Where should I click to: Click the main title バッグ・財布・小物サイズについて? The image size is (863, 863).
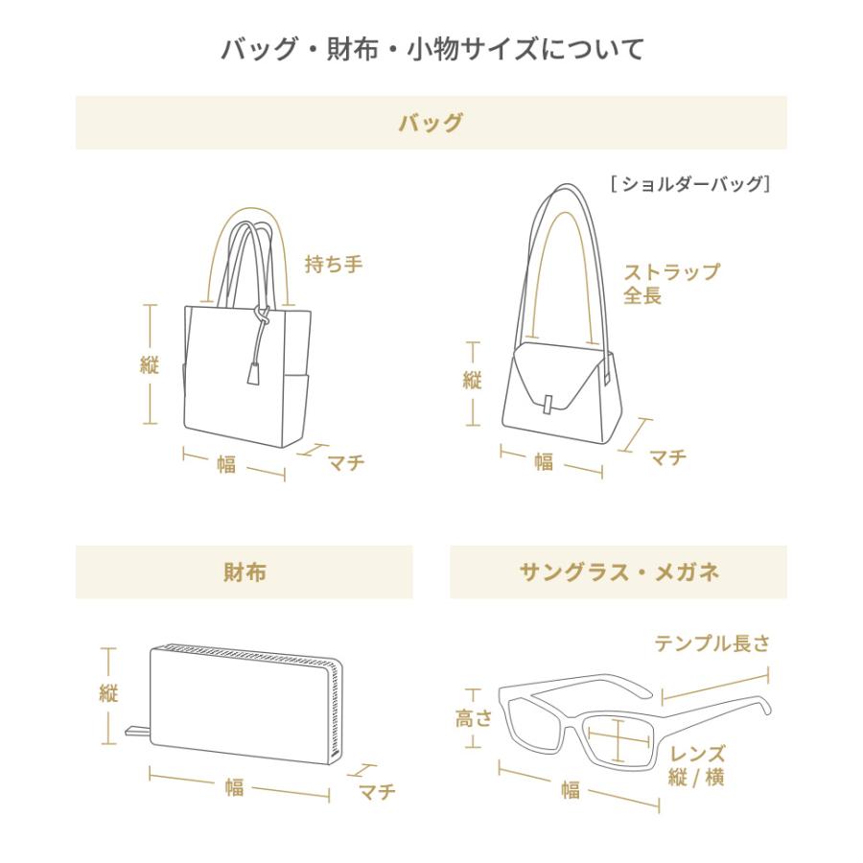point(431,48)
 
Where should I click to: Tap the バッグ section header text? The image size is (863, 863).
point(431,123)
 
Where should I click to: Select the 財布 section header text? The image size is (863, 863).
point(245,572)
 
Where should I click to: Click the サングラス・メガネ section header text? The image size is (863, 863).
point(618,572)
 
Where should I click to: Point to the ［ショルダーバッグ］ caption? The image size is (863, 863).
point(690,184)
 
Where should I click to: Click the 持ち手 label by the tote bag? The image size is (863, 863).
point(334,264)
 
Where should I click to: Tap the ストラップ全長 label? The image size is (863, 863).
point(670,284)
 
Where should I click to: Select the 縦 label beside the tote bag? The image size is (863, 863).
point(150,364)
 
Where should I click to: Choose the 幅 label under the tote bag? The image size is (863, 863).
point(226,465)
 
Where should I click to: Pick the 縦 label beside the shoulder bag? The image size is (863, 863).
point(472,381)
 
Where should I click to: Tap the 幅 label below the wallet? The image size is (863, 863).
point(235,787)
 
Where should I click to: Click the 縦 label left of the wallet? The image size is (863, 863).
point(108,694)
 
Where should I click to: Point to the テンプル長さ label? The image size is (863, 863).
point(711,643)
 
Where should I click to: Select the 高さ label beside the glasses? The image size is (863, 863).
point(473,717)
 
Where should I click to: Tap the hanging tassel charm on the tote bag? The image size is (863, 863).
point(254,374)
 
